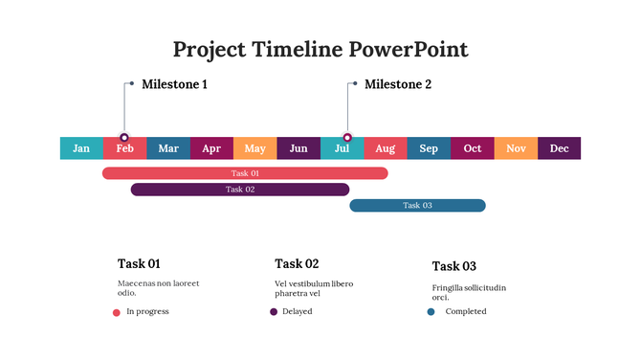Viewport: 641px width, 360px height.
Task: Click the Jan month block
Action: tap(81, 148)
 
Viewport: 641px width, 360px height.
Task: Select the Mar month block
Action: tap(168, 148)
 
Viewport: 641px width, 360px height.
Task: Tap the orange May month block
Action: tap(254, 148)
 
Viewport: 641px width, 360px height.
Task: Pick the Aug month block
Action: tap(385, 148)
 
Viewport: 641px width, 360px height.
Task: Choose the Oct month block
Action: tap(472, 148)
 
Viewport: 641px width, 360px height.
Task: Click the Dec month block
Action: tap(559, 148)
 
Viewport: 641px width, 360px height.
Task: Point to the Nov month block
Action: tap(516, 148)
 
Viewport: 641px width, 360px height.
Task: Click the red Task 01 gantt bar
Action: tap(245, 173)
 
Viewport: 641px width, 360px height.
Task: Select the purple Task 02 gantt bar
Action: tap(240, 190)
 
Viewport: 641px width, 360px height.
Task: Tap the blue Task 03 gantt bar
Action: tap(417, 205)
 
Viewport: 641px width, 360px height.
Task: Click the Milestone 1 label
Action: tap(174, 84)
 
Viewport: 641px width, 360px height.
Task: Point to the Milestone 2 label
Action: tap(398, 84)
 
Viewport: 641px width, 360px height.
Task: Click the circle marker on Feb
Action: tap(124, 138)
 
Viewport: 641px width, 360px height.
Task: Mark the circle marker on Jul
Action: tap(347, 138)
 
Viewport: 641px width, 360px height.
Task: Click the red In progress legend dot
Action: tap(117, 312)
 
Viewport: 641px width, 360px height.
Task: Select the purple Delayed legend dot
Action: tap(274, 312)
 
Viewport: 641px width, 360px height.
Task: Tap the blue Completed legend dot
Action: tap(431, 312)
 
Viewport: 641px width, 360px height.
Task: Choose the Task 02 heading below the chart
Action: tap(297, 263)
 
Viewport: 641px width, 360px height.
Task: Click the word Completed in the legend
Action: tap(466, 312)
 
